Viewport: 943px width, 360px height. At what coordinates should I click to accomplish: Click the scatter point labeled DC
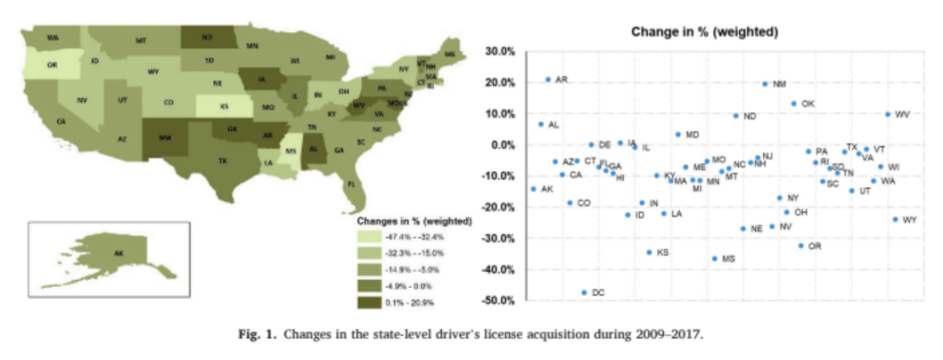pyautogui.click(x=585, y=292)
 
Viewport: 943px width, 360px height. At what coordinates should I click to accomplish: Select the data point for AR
pyautogui.click(x=548, y=79)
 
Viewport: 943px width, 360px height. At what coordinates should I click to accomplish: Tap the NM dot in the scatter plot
pyautogui.click(x=765, y=84)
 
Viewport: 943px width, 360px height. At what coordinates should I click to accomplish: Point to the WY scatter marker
pyautogui.click(x=895, y=219)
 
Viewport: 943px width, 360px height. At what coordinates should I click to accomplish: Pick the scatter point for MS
pyautogui.click(x=714, y=258)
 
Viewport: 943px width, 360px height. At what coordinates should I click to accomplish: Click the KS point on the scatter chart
pyautogui.click(x=649, y=252)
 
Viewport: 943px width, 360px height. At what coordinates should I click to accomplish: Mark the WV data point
pyautogui.click(x=888, y=114)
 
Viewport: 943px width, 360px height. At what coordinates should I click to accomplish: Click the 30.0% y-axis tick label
pyautogui.click(x=500, y=52)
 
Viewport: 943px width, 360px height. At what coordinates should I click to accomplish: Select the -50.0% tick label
pyautogui.click(x=498, y=300)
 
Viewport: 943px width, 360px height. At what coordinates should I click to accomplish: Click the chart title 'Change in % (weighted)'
pyautogui.click(x=705, y=32)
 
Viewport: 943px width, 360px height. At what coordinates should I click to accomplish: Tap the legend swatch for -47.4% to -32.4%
pyautogui.click(x=367, y=237)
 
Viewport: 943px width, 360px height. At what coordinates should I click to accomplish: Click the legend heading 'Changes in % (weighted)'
pyautogui.click(x=414, y=219)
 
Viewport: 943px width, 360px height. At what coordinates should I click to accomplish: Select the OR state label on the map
pyautogui.click(x=53, y=65)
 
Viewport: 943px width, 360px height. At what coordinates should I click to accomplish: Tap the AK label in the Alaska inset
pyautogui.click(x=118, y=253)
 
